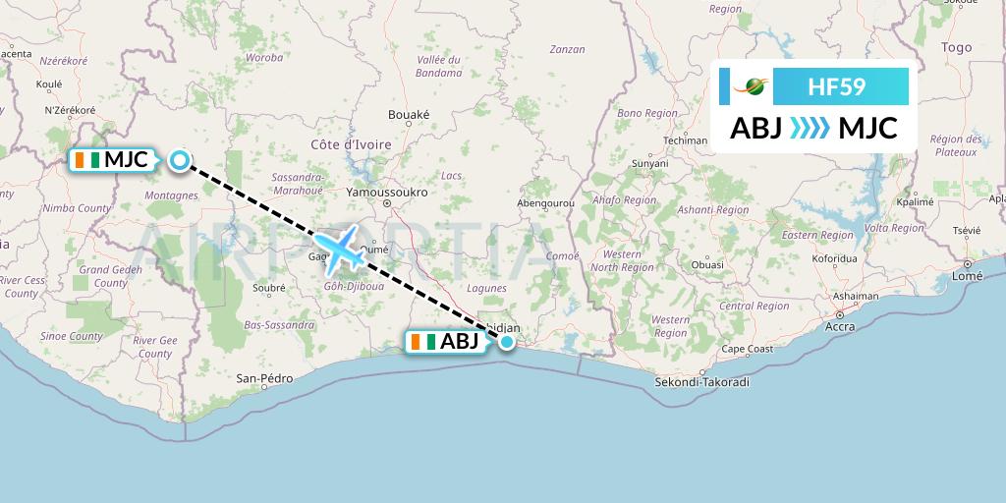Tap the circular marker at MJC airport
coord(179,160)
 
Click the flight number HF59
coord(836,86)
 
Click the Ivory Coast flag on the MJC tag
coord(86,159)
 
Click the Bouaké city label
coord(409,115)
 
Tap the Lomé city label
coord(968,276)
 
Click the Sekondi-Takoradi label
coord(701,381)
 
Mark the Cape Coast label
coord(749,349)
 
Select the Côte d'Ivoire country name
coord(351,144)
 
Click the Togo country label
coord(956,47)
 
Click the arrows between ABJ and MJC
coord(810,129)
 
